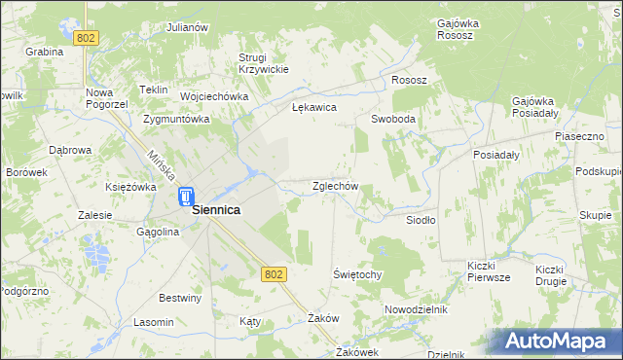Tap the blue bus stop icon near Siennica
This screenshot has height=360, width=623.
[x=185, y=198]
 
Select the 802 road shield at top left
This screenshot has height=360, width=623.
[x=87, y=38]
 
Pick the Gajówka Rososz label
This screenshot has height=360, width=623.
[x=455, y=28]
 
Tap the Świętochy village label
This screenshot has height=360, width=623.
[x=357, y=274]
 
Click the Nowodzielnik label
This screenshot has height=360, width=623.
[x=415, y=308]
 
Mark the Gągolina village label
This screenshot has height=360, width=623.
[x=158, y=233]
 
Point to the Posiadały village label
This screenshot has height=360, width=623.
[x=495, y=155]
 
